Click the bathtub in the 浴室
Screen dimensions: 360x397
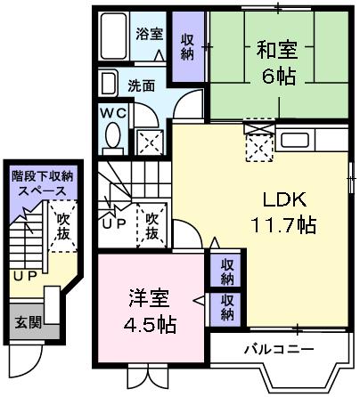114,36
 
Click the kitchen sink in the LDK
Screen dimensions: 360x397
294,141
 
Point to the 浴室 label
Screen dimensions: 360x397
150,34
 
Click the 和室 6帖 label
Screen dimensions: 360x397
277,63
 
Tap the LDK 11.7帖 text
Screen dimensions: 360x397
284,213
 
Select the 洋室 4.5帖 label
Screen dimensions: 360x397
150,312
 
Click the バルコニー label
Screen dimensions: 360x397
279,350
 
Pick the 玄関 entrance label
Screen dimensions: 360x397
29,321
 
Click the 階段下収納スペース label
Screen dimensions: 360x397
43,183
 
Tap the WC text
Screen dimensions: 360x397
113,113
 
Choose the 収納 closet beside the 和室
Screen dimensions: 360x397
188,46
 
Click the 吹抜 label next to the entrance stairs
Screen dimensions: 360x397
63,226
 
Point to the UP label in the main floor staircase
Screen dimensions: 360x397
114,224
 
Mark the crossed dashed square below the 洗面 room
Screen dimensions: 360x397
150,142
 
